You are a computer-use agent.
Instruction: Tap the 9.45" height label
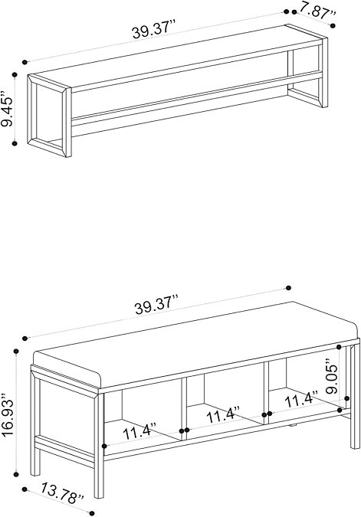click(7, 109)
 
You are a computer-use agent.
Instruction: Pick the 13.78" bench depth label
click(63, 493)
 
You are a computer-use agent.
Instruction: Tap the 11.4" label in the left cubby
click(139, 431)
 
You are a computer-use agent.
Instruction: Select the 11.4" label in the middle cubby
click(223, 415)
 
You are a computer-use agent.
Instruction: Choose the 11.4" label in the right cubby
click(301, 399)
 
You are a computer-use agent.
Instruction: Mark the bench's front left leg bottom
click(99, 496)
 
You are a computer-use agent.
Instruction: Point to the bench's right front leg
click(355, 396)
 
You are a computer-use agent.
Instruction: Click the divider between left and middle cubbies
click(184, 409)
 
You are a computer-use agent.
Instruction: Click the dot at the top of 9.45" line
click(15, 75)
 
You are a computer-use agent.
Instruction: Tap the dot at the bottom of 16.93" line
click(16, 474)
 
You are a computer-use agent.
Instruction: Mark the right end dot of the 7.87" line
click(333, 25)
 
